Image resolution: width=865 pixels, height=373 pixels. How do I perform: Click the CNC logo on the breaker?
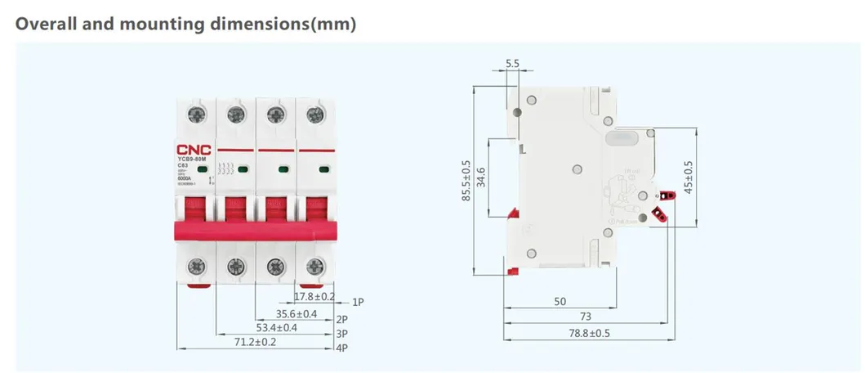click(194, 150)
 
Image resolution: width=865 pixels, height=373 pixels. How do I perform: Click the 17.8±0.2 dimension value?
click(314, 296)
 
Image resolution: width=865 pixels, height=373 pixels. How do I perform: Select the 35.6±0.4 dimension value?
click(296, 313)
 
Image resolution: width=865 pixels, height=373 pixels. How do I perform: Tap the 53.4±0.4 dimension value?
click(277, 328)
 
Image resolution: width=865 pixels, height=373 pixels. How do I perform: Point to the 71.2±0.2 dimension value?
click(255, 343)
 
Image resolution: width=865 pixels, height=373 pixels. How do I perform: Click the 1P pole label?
click(358, 302)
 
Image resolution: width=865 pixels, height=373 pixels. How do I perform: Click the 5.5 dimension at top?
click(513, 63)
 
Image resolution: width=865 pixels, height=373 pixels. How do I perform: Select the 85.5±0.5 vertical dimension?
click(466, 180)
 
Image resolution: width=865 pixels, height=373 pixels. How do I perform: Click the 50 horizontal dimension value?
click(560, 302)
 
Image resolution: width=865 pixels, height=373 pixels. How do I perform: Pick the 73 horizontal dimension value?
click(584, 317)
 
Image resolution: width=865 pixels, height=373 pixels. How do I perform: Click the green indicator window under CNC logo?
click(202, 169)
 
